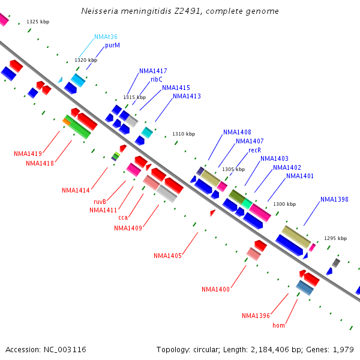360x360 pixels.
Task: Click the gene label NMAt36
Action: pos(106,37)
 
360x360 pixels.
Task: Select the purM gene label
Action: pos(113,45)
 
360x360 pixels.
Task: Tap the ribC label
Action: pos(157,79)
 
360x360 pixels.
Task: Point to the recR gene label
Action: pos(255,150)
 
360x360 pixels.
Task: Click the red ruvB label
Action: pos(100,202)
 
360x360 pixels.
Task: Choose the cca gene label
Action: pos(123,217)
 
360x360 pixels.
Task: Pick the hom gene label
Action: pos(278,325)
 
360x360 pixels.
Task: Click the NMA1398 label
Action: pos(334,199)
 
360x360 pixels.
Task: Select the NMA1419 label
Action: pos(28,154)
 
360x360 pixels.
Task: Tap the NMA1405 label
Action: pos(167,256)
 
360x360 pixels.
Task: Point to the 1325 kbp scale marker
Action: pos(38,22)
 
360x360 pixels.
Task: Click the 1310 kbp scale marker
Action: pos(184,134)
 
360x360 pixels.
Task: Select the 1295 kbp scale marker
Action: pos(335,238)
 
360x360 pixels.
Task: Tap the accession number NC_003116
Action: pos(65,350)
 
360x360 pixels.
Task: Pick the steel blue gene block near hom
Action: pos(305,288)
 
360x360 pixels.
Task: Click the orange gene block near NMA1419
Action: pos(67,122)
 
